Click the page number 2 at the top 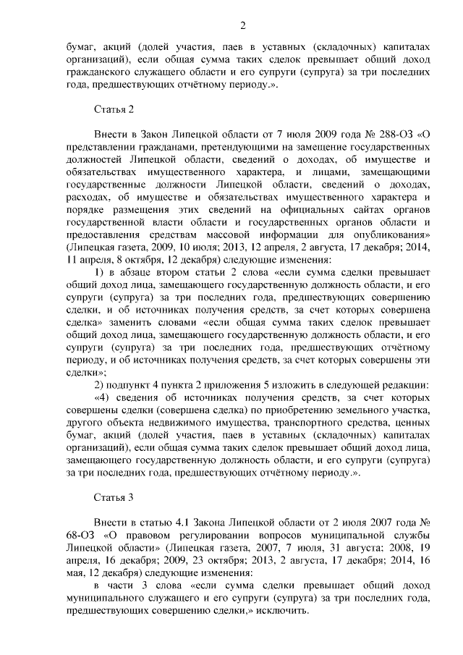click(x=243, y=27)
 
